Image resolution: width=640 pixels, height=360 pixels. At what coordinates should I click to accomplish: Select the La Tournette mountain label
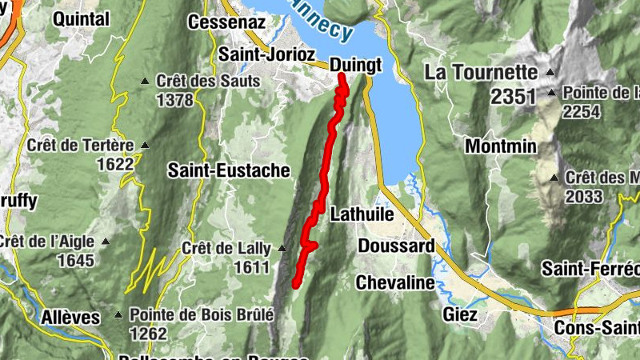pos(480,72)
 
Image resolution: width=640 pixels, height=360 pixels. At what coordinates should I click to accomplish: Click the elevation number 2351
pos(513,97)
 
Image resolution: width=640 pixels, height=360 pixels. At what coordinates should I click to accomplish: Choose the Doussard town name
pos(396,246)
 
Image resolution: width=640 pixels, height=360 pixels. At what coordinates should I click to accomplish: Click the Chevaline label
pos(395,282)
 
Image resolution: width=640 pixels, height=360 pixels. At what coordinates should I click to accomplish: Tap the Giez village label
pos(459,314)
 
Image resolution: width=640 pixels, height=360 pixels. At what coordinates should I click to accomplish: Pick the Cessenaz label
pos(226,22)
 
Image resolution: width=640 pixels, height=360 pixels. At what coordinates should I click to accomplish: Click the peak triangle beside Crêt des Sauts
pos(145,81)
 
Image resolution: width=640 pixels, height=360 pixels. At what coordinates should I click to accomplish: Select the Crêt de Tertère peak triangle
pos(145,145)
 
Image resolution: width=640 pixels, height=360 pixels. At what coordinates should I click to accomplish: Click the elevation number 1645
pos(75,260)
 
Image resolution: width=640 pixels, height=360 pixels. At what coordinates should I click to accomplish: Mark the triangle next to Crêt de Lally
pos(281,248)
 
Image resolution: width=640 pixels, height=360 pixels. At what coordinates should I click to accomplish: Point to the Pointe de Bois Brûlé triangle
pos(119,314)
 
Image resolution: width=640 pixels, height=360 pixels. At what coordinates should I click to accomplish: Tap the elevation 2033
pos(584,196)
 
